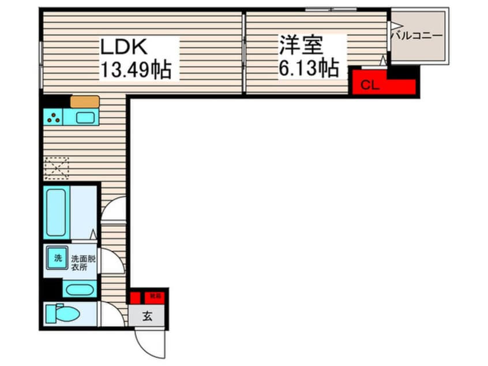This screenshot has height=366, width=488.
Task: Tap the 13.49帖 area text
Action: [x=136, y=69]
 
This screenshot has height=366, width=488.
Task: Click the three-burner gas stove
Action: [x=53, y=118]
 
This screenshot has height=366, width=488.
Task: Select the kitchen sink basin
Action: [x=85, y=118]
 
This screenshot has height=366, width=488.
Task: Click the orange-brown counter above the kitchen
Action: [x=85, y=102]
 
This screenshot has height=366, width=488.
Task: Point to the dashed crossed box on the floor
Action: [x=56, y=168]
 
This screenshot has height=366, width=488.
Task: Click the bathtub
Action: [x=56, y=212]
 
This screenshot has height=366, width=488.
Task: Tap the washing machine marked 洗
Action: [x=57, y=258]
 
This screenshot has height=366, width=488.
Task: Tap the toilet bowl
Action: [x=65, y=314]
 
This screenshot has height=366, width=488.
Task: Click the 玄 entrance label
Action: [x=147, y=316]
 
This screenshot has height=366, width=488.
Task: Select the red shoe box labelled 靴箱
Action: [x=155, y=297]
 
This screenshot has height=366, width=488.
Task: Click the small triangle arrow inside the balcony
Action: [x=396, y=25]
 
